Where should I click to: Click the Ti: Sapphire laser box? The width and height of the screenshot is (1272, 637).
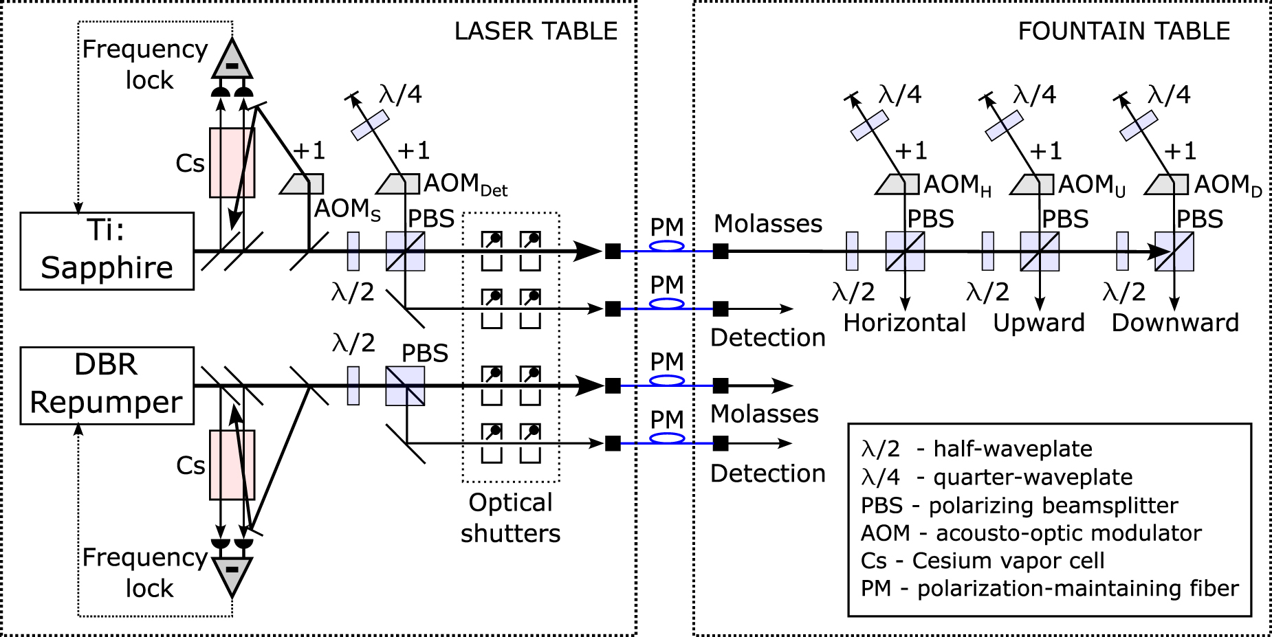pos(107,251)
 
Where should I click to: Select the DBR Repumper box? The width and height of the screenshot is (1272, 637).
pos(107,385)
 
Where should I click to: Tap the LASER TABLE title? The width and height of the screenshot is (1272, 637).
pos(536,32)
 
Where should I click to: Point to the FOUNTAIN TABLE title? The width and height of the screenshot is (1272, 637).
pos(1123,32)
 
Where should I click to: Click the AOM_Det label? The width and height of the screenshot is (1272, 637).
pos(465,184)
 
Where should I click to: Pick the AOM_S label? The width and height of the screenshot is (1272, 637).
pos(347,210)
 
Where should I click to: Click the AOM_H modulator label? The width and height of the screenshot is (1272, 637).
pos(957,185)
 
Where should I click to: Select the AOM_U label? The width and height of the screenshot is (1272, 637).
pos(1092,185)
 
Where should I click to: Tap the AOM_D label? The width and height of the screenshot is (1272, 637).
pos(1228,185)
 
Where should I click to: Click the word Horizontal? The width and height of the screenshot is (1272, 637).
pos(904,323)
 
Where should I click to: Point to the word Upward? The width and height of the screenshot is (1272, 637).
pos(1039,323)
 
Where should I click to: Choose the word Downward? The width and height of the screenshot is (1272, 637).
pos(1175,323)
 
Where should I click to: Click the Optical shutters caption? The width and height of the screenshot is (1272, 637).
pos(510,518)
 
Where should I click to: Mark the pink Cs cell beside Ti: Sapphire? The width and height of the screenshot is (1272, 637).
pos(232,163)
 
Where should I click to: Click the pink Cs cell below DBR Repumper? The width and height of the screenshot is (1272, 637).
pos(232,465)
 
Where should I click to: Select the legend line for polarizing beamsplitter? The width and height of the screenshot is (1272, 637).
pos(1019,506)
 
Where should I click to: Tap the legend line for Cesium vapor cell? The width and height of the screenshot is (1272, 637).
pos(983,561)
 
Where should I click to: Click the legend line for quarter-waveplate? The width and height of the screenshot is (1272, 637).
pos(996,477)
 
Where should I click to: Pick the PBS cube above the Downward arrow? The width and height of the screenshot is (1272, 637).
pos(1174,252)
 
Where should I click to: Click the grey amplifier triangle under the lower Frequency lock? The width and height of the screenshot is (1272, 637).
pos(232,574)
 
